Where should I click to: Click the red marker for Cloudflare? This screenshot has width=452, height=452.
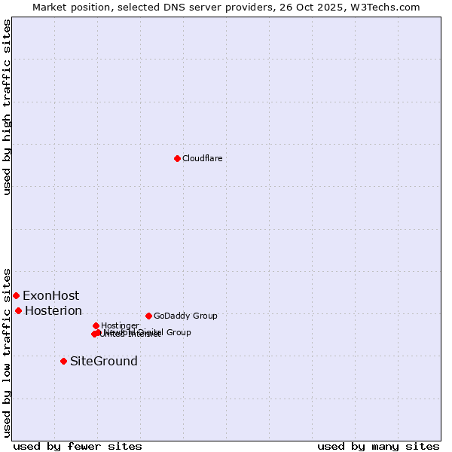177,158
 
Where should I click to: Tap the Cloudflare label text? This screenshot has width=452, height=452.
202,158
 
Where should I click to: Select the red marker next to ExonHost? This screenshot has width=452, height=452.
16,295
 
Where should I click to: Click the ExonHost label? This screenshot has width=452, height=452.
50,295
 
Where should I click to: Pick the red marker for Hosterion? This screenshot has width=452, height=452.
18,310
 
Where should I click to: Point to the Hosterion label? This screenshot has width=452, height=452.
53,310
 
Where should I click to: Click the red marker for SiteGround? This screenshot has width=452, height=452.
63,361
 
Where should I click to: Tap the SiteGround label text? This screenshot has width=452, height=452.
104,361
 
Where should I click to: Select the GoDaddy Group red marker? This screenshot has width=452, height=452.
148,316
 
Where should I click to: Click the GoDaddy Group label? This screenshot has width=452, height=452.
185,316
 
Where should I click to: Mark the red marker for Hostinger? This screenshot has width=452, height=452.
96,325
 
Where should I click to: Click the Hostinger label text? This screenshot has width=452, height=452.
120,325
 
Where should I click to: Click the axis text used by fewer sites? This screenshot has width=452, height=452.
78,446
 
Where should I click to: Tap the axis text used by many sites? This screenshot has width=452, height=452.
378,446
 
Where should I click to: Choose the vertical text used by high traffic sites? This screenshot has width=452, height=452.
7,107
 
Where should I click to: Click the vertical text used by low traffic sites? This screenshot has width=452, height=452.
7,352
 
